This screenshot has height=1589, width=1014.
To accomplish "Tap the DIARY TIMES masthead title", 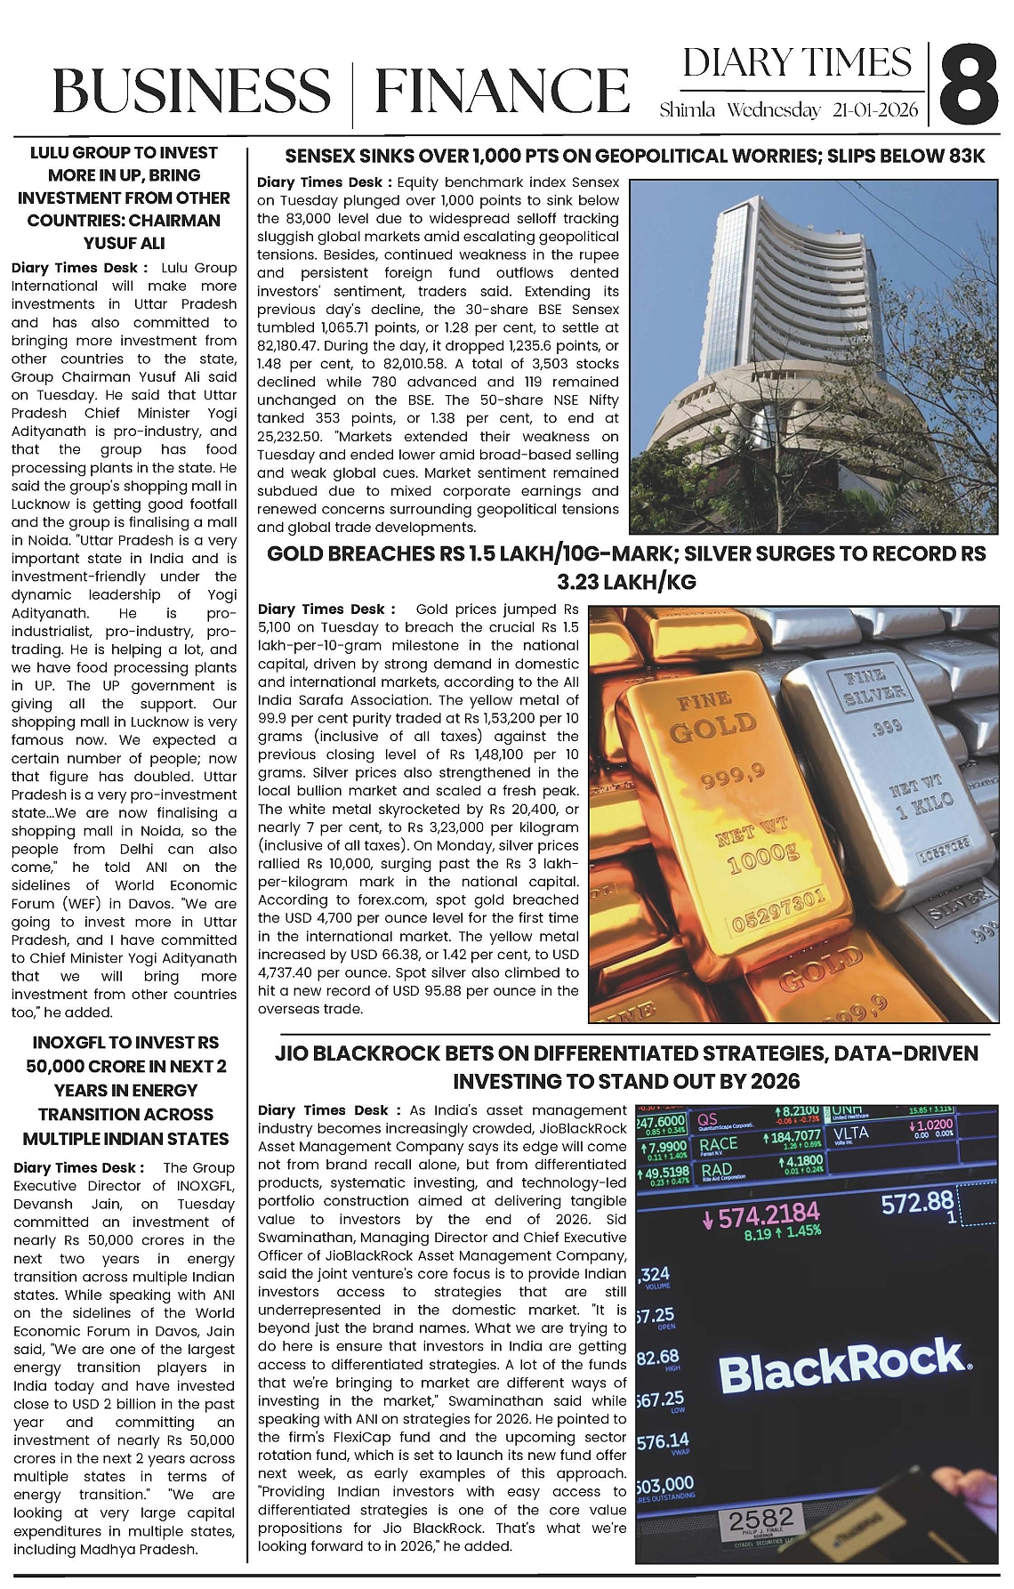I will tap(797, 63).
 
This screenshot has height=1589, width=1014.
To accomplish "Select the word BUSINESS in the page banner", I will tap(191, 92).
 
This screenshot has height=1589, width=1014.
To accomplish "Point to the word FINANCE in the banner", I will tap(502, 92).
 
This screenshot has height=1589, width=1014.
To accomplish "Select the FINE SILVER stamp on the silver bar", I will tap(873, 684).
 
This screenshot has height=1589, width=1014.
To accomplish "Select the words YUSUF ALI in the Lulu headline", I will tap(124, 242).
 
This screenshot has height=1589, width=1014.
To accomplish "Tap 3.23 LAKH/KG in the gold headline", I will tap(626, 582).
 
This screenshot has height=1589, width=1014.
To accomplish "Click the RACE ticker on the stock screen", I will tap(719, 1144).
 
